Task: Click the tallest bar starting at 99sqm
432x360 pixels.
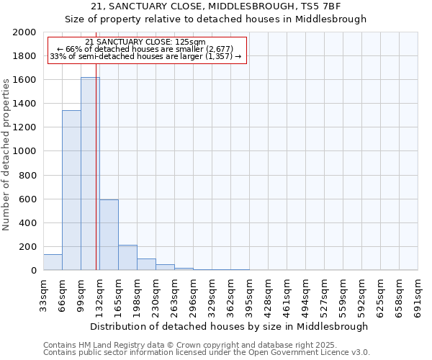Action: [90, 174]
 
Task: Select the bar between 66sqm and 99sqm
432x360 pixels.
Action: [71, 190]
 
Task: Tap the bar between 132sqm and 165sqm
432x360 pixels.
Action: [109, 235]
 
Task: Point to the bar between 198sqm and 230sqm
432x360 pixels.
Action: [146, 264]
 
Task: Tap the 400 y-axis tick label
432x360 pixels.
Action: [28, 223]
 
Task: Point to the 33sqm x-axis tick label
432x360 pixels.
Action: [43, 294]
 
